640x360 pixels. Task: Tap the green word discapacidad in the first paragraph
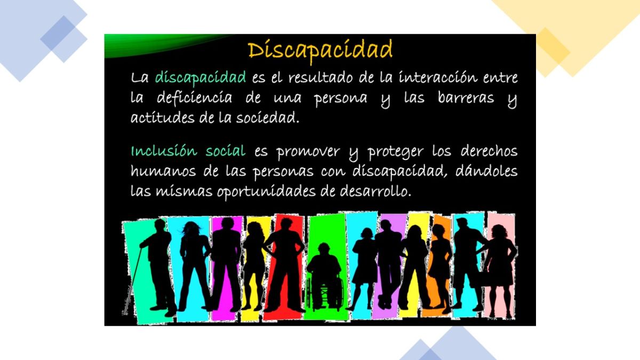click(200, 78)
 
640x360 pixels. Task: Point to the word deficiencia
click(195, 98)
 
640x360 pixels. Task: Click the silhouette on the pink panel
click(499, 261)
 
